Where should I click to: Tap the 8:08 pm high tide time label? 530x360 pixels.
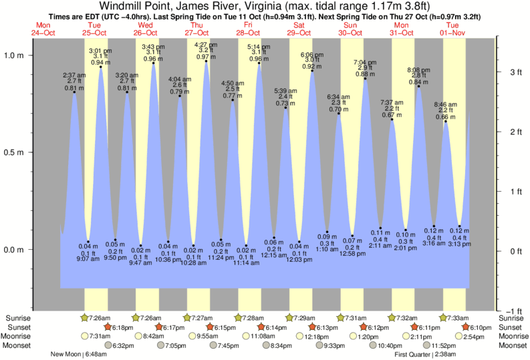pyautogui.click(x=418, y=69)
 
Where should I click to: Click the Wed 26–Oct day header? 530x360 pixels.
pyautogui.click(x=145, y=29)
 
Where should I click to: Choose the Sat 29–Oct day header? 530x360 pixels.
pyautogui.click(x=299, y=29)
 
